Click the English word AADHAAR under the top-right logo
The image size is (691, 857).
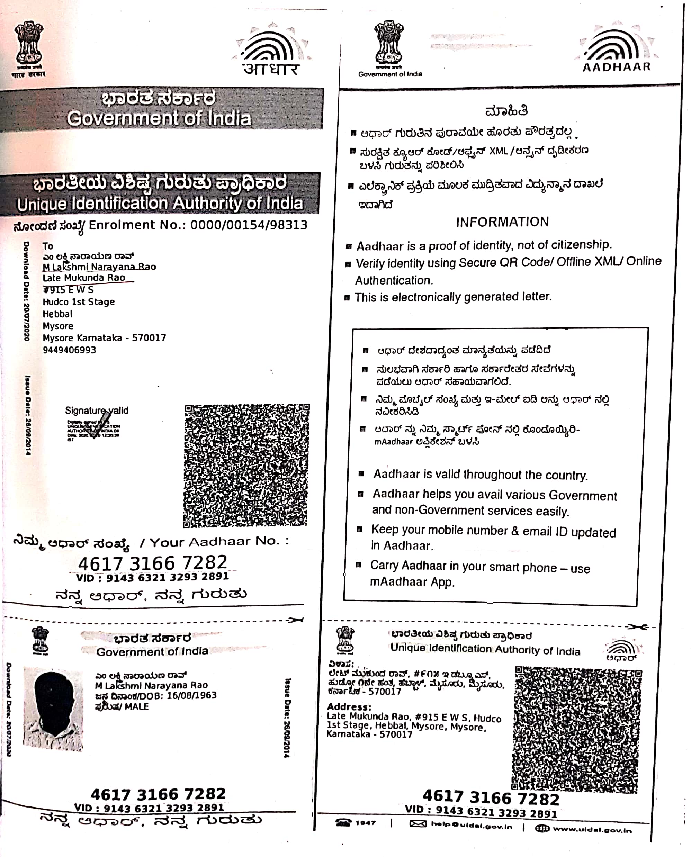click(616, 67)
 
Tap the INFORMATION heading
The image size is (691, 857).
click(502, 222)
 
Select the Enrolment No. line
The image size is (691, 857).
click(160, 226)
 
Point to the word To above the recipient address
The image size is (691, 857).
click(48, 246)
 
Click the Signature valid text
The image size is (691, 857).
click(97, 411)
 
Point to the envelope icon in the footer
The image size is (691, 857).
click(418, 823)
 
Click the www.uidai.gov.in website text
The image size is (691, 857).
click(592, 829)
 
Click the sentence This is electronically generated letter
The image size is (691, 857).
click(453, 297)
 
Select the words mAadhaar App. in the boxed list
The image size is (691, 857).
click(412, 582)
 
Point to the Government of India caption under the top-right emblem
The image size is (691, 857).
click(390, 74)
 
